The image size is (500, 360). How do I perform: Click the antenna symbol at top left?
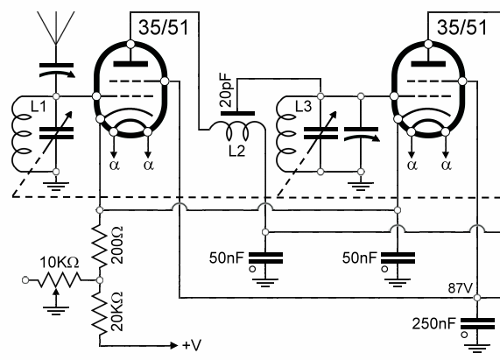tap(56, 28)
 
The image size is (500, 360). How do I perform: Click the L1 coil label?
tap(39, 106)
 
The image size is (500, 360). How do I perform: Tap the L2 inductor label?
tap(237, 151)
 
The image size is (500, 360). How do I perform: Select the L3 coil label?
tap(303, 106)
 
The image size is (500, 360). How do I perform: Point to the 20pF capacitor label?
tap(226, 90)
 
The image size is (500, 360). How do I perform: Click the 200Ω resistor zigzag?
tap(100, 245)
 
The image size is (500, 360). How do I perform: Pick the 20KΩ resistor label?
tap(116, 311)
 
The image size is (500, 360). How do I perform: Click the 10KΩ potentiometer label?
tap(60, 263)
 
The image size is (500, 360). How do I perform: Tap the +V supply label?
tap(192, 345)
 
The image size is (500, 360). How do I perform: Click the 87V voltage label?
tap(460, 288)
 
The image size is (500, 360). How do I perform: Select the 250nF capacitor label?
tap(434, 323)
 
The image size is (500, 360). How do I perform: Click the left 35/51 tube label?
tap(164, 27)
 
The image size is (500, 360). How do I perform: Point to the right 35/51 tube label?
tap(462, 27)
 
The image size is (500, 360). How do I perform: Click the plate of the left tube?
tap(130, 64)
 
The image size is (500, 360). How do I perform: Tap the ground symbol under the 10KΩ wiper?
tap(56, 311)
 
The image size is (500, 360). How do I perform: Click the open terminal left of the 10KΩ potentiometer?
tap(25, 280)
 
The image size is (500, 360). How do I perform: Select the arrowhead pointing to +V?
tap(173, 345)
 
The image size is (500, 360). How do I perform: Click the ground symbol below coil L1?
tap(56, 187)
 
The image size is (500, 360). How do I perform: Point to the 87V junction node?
tap(477, 298)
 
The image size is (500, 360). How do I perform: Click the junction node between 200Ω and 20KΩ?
tap(100, 280)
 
